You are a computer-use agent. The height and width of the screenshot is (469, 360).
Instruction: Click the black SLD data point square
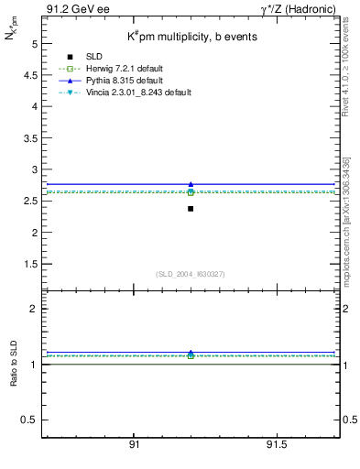(x=191, y=209)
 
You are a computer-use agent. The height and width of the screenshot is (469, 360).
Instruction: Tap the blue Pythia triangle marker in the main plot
(x=191, y=184)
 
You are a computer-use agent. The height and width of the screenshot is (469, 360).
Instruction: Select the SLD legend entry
(x=91, y=58)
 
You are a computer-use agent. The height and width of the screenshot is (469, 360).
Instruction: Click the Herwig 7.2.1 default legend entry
(x=120, y=70)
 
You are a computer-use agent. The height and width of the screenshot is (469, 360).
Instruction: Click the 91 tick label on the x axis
(x=134, y=445)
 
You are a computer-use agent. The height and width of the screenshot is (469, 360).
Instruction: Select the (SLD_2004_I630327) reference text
(x=190, y=274)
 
